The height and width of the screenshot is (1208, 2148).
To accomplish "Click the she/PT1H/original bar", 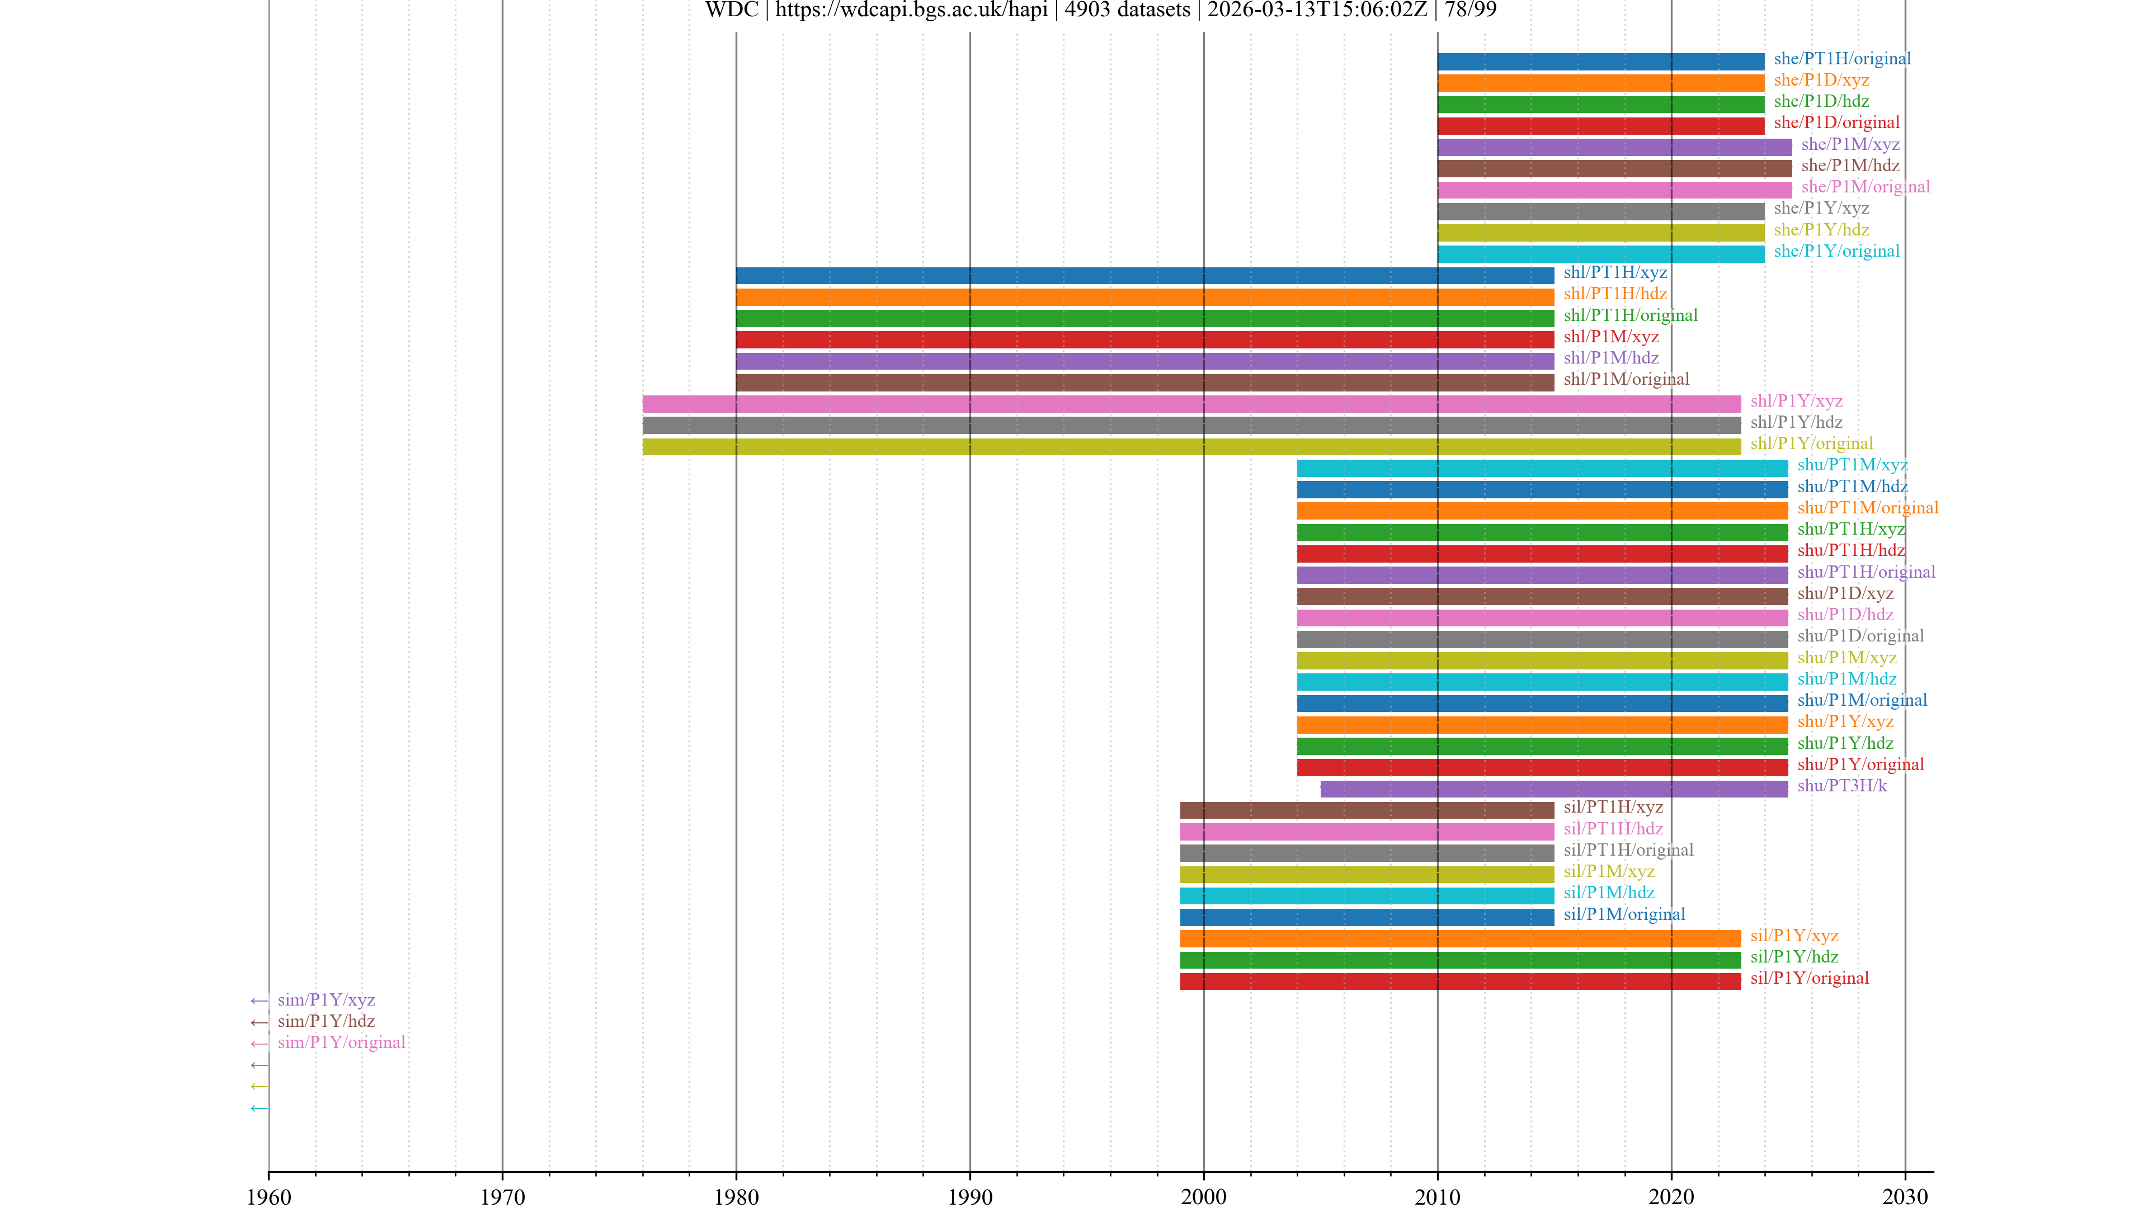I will pyautogui.click(x=1600, y=61).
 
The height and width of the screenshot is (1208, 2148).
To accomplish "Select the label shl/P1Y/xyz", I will pyautogui.click(x=1796, y=401).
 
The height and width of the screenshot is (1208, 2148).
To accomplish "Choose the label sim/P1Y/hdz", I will pyautogui.click(x=326, y=1021).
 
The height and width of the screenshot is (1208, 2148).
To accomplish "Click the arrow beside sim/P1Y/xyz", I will pyautogui.click(x=260, y=1001).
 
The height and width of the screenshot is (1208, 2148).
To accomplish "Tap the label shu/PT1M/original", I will pyautogui.click(x=1867, y=508).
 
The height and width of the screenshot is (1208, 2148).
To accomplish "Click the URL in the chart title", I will pyautogui.click(x=911, y=10).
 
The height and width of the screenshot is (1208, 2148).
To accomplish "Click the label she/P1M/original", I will pyautogui.click(x=1866, y=187).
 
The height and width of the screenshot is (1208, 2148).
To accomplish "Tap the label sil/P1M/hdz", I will pyautogui.click(x=1609, y=893).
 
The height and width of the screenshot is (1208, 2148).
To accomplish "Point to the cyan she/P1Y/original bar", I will pyautogui.click(x=1600, y=253).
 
